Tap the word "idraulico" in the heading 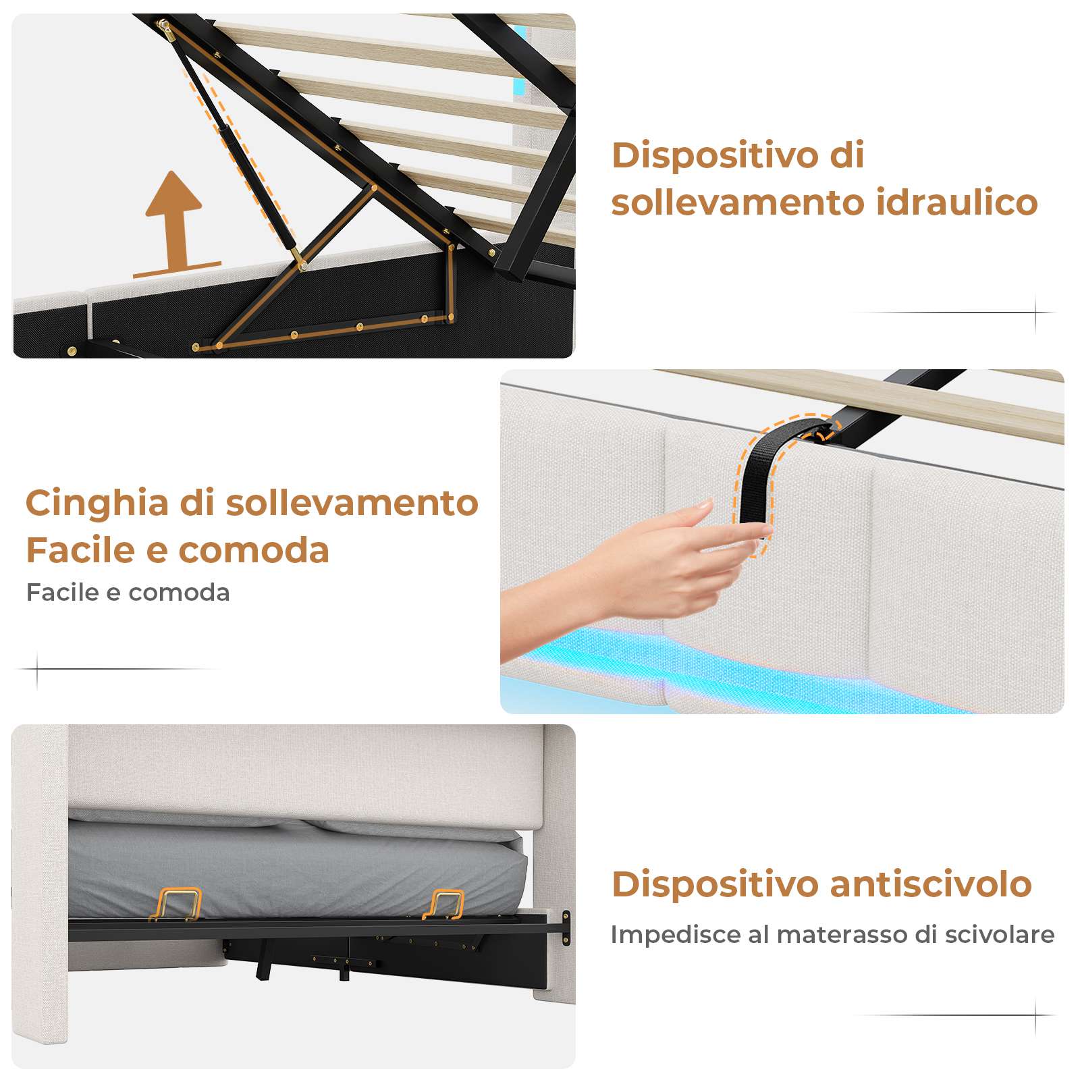(x=957, y=202)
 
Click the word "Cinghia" (x=97, y=504)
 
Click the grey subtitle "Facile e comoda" (x=128, y=593)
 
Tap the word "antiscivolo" (x=931, y=884)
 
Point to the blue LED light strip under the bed (x=776, y=672)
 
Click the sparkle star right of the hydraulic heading (x=1036, y=313)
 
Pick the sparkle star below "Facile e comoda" (x=37, y=670)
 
